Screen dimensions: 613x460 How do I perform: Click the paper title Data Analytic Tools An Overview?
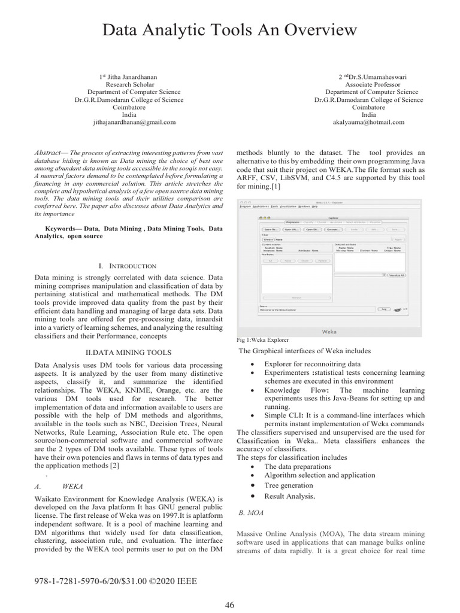coord(230,29)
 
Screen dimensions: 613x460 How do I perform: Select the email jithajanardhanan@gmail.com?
coord(134,122)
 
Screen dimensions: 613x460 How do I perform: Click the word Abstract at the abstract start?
coord(48,153)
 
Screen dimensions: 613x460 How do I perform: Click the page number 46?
coord(229,604)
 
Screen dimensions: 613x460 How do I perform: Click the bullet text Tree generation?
coord(289,485)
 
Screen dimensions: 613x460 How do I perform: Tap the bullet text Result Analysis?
coord(289,496)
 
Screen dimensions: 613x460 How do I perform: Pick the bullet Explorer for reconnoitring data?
coord(312,364)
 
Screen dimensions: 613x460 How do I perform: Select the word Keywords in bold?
coord(63,229)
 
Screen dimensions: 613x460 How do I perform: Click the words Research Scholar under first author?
coord(134,85)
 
